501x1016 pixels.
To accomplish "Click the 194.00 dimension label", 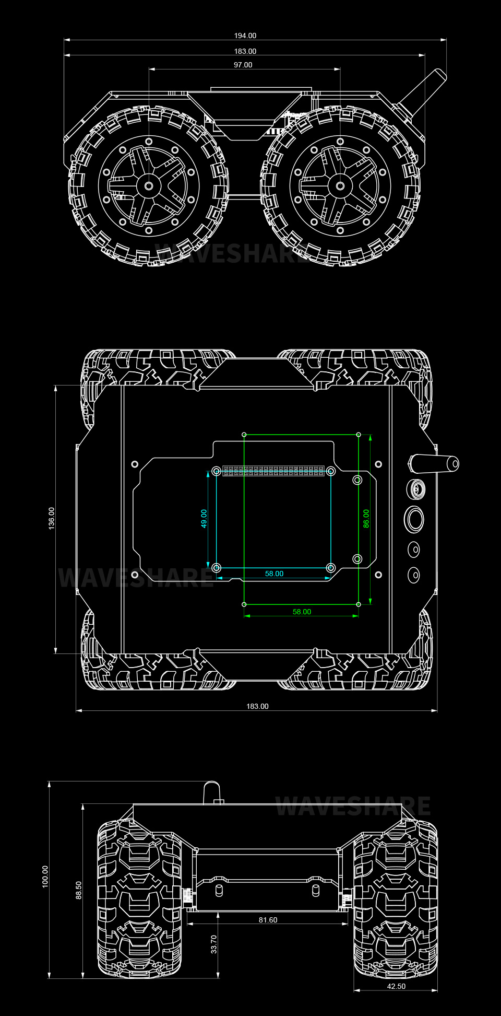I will (x=245, y=36).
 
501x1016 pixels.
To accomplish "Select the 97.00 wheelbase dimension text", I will (x=243, y=65).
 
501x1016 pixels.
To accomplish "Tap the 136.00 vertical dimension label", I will (x=51, y=518).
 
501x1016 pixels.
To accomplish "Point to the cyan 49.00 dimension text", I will (x=204, y=518).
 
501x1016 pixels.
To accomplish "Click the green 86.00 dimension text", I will (x=366, y=518).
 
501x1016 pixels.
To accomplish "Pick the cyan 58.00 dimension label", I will (x=274, y=574).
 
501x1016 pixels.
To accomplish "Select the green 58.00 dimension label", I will (x=302, y=612).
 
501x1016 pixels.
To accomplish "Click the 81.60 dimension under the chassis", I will (x=268, y=920).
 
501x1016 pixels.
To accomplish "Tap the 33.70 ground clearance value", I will (x=214, y=944).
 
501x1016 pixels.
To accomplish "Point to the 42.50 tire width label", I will (x=396, y=986).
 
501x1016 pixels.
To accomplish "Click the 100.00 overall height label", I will (x=45, y=876).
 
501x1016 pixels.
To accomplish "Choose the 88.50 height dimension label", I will (x=79, y=890).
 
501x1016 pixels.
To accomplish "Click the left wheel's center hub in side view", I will (x=149, y=186).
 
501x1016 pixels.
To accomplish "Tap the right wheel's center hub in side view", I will (x=340, y=186).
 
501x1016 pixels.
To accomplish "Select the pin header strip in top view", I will (x=273, y=471).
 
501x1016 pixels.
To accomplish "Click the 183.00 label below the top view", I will (x=257, y=706).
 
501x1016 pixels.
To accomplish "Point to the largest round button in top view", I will (x=414, y=519).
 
